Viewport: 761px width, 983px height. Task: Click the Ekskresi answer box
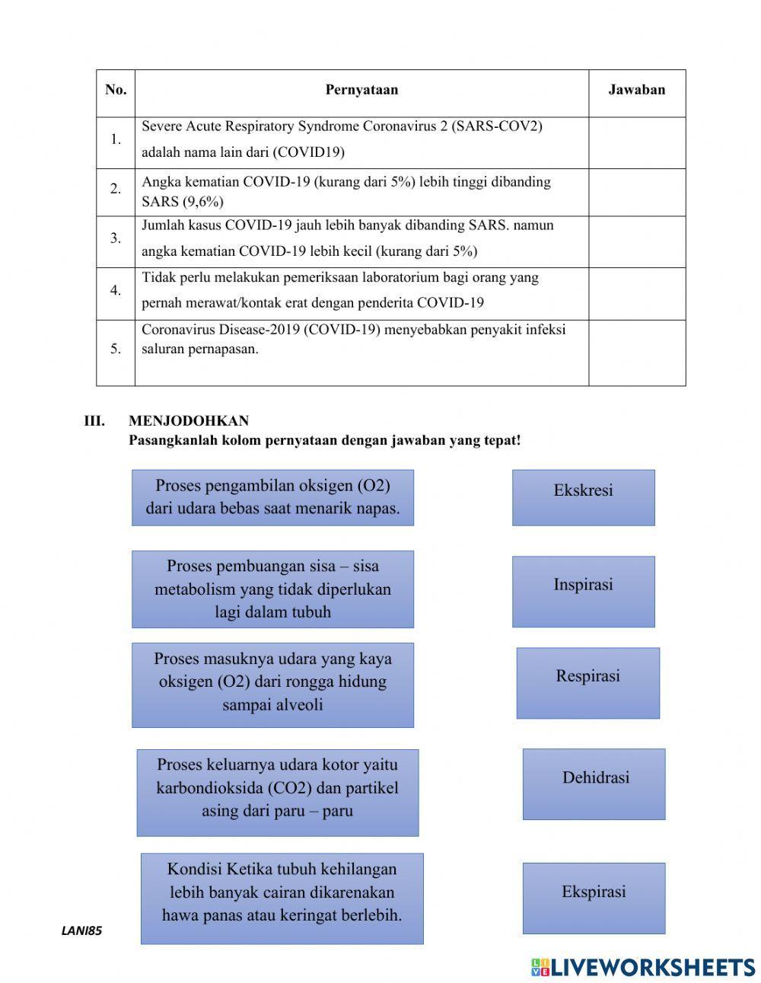[x=583, y=497]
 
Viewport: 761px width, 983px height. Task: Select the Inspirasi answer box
[x=583, y=591]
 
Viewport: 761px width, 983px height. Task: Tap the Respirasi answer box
[x=587, y=683]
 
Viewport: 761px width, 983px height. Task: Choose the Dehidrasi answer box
[x=594, y=784]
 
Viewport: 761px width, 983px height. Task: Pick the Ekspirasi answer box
[x=594, y=898]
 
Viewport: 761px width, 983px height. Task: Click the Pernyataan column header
[x=361, y=90]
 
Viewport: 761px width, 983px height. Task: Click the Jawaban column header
[x=636, y=90]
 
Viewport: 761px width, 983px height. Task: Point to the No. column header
[x=116, y=90]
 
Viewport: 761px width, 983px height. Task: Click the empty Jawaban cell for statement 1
[x=636, y=142]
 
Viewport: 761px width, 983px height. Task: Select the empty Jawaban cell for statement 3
[x=636, y=241]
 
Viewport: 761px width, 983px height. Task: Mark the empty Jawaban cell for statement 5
[x=636, y=352]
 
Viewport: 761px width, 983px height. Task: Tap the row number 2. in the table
[x=116, y=189]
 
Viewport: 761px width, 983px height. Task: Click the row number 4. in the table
[x=116, y=290]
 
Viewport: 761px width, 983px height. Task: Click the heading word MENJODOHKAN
[x=189, y=421]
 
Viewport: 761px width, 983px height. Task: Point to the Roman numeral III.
[x=94, y=421]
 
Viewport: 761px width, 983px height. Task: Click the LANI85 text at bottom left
[x=81, y=930]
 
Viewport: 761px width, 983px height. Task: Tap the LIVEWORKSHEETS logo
[x=642, y=966]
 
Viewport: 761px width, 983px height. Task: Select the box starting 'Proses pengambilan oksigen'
[x=272, y=497]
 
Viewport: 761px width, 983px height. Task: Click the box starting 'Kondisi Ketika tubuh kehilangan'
[x=282, y=898]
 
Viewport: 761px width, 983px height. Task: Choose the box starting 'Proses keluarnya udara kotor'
[x=278, y=792]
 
